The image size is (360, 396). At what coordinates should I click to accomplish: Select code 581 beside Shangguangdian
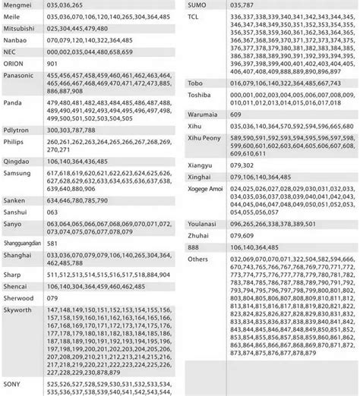point(53,243)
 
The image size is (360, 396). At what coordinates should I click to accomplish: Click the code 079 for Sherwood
point(53,298)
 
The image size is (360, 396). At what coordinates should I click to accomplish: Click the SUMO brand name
point(197,6)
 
